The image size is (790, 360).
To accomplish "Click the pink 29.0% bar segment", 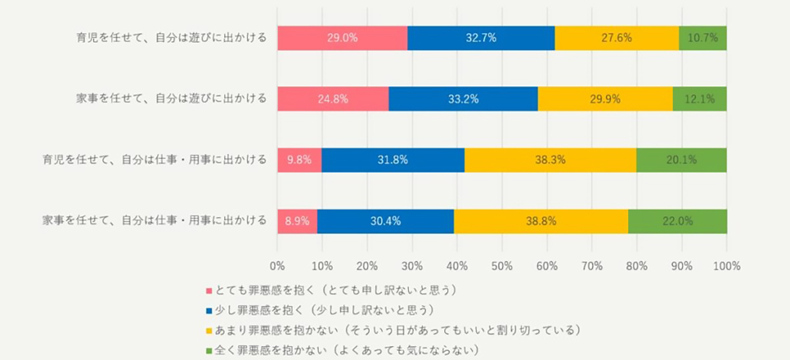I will pyautogui.click(x=342, y=38).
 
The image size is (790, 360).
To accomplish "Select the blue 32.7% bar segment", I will pyautogui.click(x=481, y=38).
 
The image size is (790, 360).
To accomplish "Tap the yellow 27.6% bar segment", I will pyautogui.click(x=616, y=38).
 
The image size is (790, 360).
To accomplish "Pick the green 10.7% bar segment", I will pyautogui.click(x=702, y=38).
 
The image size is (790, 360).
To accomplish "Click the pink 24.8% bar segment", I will pyautogui.click(x=332, y=99).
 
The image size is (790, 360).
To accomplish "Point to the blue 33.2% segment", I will pyautogui.click(x=463, y=99).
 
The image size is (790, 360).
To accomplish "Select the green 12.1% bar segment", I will pyautogui.click(x=699, y=99).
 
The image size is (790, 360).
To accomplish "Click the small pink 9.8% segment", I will pyautogui.click(x=299, y=160).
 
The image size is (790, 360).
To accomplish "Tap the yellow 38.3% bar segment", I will pyautogui.click(x=550, y=160).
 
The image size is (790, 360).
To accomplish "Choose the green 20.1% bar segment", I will pyautogui.click(x=681, y=160).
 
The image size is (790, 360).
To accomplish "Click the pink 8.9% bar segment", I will pyautogui.click(x=297, y=221).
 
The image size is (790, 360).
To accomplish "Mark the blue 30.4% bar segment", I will pyautogui.click(x=385, y=221).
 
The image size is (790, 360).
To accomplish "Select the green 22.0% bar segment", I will pyautogui.click(x=677, y=221).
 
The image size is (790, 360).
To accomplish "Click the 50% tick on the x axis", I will pyautogui.click(x=502, y=267).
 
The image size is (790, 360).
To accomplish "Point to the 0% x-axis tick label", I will pyautogui.click(x=277, y=267).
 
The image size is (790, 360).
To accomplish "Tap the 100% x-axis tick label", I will pyautogui.click(x=726, y=267).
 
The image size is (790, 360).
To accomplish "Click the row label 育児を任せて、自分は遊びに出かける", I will pyautogui.click(x=171, y=38).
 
